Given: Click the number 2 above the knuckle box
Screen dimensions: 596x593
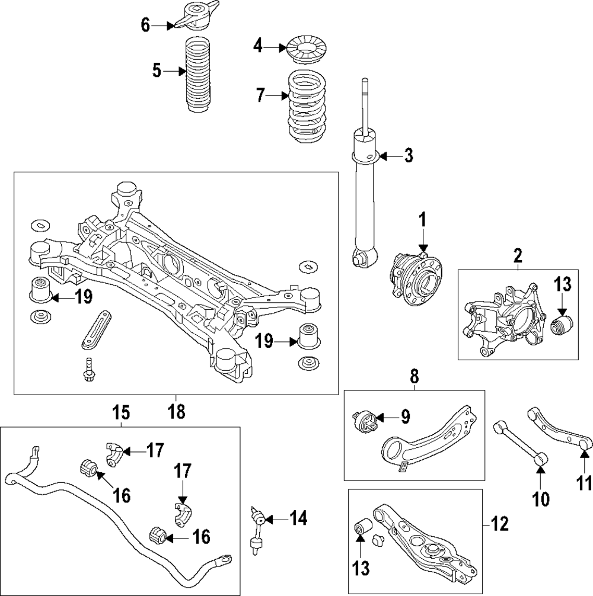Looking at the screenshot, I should pos(518,256).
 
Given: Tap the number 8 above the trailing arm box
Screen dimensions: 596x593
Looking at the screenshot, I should pos(414,376).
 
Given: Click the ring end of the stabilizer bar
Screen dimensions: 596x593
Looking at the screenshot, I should pos(225,558).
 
